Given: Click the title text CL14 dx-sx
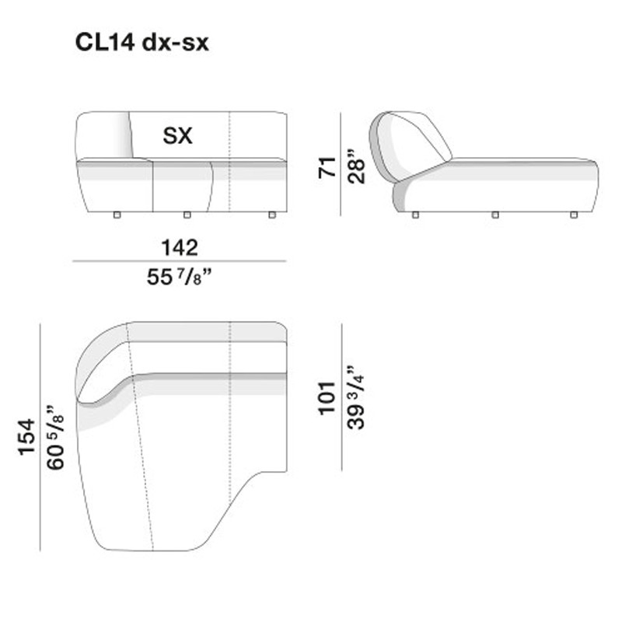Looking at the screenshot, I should click(x=142, y=43).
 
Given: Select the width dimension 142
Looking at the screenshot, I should click(x=180, y=247).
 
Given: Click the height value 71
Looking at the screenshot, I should click(x=327, y=166).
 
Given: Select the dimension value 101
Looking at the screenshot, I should click(x=327, y=397).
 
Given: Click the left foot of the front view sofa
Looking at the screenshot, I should click(x=116, y=215).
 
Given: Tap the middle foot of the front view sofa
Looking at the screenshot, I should click(x=187, y=215).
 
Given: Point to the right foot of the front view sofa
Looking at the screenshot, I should click(x=271, y=215).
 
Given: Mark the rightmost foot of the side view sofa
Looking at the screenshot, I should click(x=574, y=215).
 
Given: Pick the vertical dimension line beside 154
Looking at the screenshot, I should click(x=40, y=437).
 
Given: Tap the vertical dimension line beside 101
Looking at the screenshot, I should click(x=341, y=397).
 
